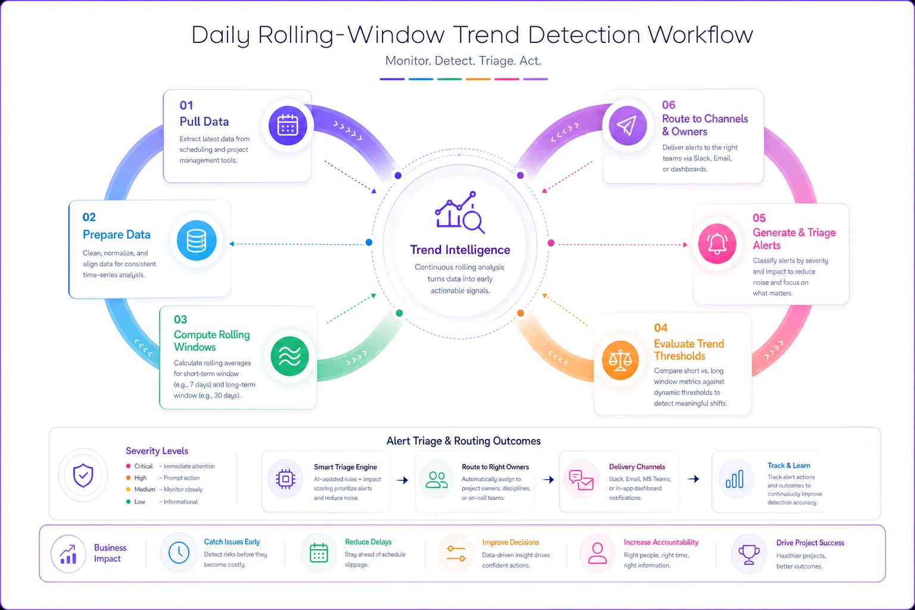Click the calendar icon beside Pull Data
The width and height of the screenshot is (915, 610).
tap(288, 126)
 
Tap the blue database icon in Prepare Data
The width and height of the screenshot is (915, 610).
tap(197, 241)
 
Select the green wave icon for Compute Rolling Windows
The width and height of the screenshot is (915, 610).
tap(290, 356)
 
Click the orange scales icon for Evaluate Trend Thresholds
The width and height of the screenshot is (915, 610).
tap(620, 360)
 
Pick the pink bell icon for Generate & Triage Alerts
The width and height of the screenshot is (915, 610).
tap(717, 244)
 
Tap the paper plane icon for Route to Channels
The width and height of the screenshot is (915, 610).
tap(627, 125)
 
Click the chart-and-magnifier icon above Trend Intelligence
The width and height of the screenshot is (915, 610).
tap(460, 212)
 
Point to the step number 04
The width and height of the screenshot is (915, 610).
tap(661, 328)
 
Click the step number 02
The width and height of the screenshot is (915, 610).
tap(89, 217)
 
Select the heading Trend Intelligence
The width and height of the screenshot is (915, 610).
tap(460, 250)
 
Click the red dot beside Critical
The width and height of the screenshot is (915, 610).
tap(128, 466)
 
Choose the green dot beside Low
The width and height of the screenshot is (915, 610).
tap(128, 502)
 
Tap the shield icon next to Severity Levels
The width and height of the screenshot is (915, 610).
tap(83, 475)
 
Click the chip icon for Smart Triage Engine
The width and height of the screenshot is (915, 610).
tap(285, 478)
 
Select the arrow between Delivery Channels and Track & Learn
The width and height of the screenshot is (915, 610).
tap(693, 479)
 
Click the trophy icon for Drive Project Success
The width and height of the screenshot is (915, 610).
tap(749, 555)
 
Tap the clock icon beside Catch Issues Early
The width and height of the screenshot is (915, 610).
tap(179, 553)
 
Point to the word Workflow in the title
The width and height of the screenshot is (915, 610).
tap(700, 35)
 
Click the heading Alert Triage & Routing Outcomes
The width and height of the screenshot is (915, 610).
tap(463, 441)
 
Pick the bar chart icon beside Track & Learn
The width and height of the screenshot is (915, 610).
tap(735, 479)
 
